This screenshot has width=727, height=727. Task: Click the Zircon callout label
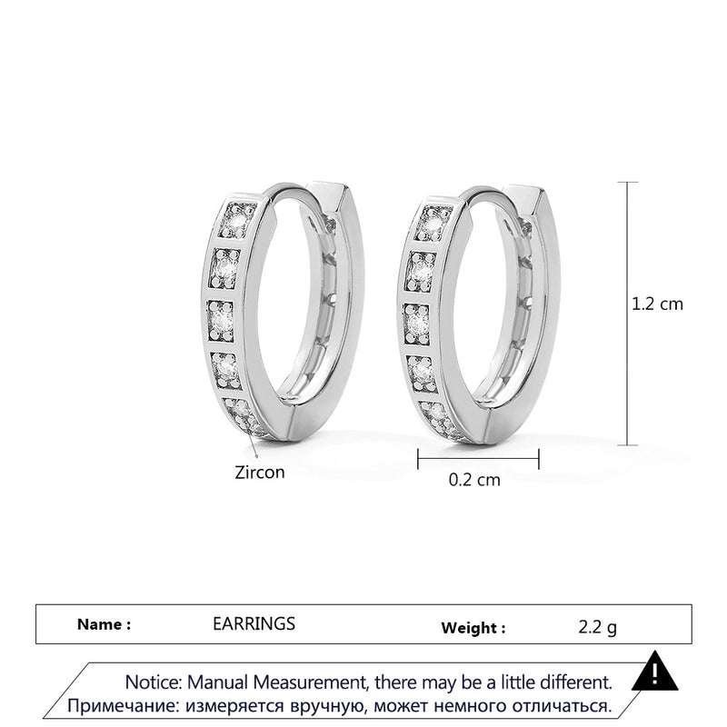[x=260, y=473]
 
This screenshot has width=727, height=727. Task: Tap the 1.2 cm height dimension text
[x=657, y=304]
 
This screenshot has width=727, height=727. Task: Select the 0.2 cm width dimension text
[x=474, y=480]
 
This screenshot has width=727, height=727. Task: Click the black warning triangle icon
[x=654, y=672]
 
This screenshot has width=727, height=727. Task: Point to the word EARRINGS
[x=254, y=623]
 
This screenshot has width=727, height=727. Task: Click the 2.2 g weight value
[x=598, y=627]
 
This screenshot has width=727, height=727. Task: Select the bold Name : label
[x=104, y=624]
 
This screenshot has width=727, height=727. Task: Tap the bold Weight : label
[x=473, y=628]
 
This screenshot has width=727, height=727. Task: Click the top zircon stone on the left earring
[x=236, y=221]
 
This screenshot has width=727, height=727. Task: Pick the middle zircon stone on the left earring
[x=221, y=320]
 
